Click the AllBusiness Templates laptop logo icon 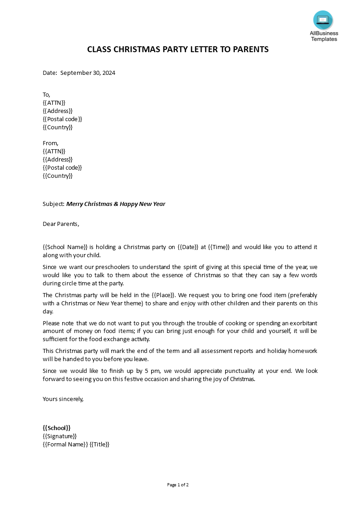pos(323,20)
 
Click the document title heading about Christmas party pos(178,49)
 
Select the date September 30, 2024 pos(88,73)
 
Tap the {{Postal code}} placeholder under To pos(62,119)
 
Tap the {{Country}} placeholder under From pos(58,176)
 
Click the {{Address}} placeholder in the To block pos(58,111)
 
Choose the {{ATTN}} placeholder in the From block pos(54,151)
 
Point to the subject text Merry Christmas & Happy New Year pos(116,204)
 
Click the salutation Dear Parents pos(61,223)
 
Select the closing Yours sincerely pos(63,399)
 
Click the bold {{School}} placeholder pos(57,427)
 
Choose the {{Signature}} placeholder pos(59,436)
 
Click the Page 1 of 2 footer pos(178,485)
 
